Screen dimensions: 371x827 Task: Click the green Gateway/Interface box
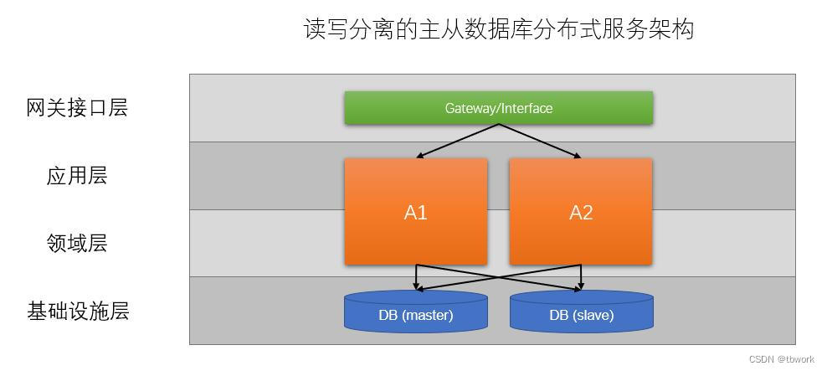pyautogui.click(x=498, y=108)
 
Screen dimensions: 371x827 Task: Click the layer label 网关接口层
pyautogui.click(x=77, y=108)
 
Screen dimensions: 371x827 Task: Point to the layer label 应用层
pyautogui.click(x=77, y=176)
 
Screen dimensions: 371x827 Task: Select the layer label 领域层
pyautogui.click(x=77, y=244)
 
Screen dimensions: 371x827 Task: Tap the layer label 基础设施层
pyautogui.click(x=77, y=312)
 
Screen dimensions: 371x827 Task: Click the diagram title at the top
pyautogui.click(x=498, y=29)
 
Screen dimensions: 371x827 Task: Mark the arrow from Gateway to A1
pyautogui.click(x=458, y=141)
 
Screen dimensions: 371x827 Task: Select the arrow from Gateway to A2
pyautogui.click(x=540, y=141)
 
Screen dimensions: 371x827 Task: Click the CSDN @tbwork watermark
pyautogui.click(x=781, y=359)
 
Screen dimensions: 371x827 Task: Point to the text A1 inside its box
pyautogui.click(x=416, y=213)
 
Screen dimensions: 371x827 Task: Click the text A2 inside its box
pyautogui.click(x=581, y=213)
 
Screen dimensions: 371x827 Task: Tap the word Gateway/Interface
pyautogui.click(x=498, y=108)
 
